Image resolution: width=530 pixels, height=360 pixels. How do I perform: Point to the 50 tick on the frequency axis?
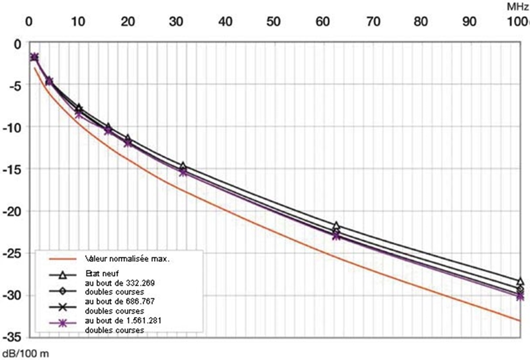coord(274,21)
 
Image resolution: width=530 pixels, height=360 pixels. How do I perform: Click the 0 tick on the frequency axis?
coord(30,21)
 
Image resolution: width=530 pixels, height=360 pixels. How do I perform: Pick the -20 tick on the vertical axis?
coord(13,211)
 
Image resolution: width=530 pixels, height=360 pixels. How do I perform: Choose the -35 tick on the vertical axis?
coord(13,337)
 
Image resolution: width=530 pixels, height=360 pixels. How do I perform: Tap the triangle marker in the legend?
coord(63,274)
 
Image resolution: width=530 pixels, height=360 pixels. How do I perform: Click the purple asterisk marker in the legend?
coord(63,323)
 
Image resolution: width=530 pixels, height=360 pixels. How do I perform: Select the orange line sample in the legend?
coord(63,259)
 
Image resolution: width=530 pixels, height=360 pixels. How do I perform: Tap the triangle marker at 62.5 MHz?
coord(336,225)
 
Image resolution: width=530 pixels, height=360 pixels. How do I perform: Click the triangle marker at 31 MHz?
coord(183,165)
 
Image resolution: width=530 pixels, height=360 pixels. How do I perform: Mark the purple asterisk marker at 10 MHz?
coord(78,114)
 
